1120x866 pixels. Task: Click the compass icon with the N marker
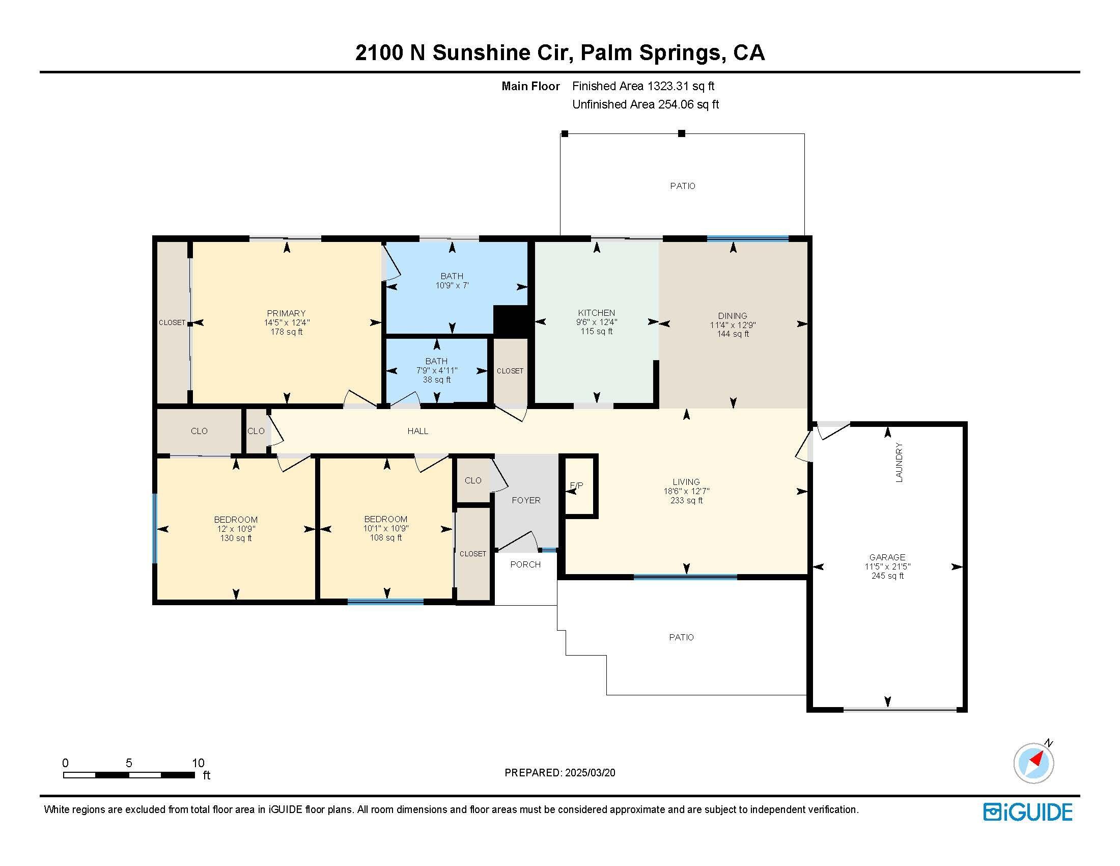click(x=1034, y=763)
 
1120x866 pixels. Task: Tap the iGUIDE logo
click(x=1028, y=812)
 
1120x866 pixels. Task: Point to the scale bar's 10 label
click(x=198, y=763)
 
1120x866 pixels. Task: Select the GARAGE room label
click(x=887, y=557)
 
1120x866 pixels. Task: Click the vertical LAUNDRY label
click(x=899, y=462)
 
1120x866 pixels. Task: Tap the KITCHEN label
click(x=597, y=313)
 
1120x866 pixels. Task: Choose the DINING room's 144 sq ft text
click(x=733, y=334)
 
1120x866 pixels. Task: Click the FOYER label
click(x=526, y=500)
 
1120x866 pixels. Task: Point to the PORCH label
click(x=526, y=564)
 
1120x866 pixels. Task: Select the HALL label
click(x=418, y=431)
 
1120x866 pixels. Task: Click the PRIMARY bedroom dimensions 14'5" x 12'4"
click(x=287, y=322)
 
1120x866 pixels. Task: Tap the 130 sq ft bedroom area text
click(x=236, y=538)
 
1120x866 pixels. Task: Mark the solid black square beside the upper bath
click(x=511, y=321)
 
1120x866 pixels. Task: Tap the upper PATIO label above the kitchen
click(x=683, y=186)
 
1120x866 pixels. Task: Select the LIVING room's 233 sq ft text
click(x=686, y=501)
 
